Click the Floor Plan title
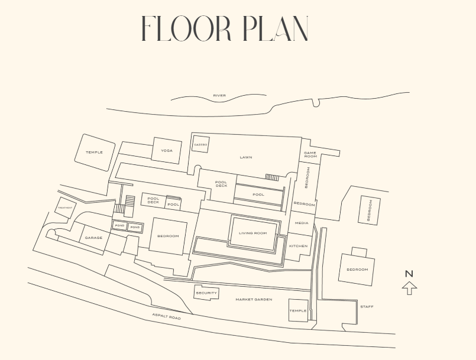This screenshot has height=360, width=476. coord(225,28)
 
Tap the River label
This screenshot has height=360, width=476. coord(219,96)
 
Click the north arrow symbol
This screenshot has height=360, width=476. coord(409,288)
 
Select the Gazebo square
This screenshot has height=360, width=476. coord(200,144)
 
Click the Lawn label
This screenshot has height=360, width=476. coord(246,157)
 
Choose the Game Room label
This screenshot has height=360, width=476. coord(310,155)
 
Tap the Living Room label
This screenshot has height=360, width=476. coord(252,233)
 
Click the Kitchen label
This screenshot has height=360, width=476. coord(298,246)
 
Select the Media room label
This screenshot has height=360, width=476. coord(302,223)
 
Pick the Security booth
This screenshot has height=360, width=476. coord(206,293)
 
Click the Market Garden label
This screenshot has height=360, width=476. coord(254,300)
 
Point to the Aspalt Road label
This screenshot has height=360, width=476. coord(166,317)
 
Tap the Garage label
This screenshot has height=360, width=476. coord(93,238)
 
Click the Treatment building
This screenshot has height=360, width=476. coord(65,207)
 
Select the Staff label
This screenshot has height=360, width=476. coord(367,307)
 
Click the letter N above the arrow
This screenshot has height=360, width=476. coord(409,274)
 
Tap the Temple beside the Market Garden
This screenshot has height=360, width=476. coord(298,310)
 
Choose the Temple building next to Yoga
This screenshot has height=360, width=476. coord(94,152)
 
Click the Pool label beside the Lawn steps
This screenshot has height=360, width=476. coord(258,194)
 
